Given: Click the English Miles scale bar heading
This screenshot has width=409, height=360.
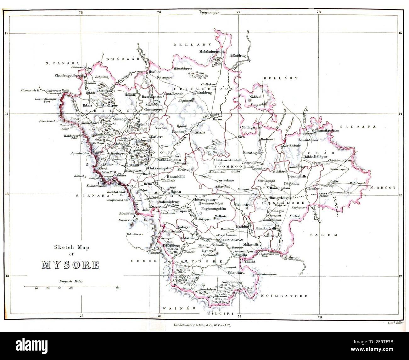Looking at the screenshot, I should pyautogui.click(x=70, y=281).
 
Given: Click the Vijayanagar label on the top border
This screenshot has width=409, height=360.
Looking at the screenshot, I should pyautogui.click(x=209, y=13).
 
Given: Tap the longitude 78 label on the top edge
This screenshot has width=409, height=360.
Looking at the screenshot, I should pyautogui.click(x=319, y=12).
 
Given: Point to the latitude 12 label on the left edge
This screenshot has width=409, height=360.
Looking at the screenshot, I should pyautogui.click(x=5, y=276).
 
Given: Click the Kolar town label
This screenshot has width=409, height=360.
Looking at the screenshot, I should pyautogui.click(x=333, y=182).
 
